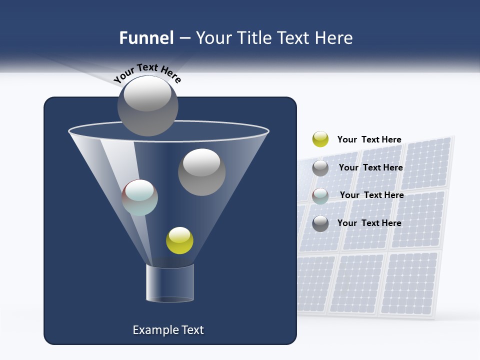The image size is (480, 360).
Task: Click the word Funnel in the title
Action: click(146, 38)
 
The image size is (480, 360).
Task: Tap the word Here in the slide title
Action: click(333, 38)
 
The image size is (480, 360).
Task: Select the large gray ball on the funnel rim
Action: click(147, 105)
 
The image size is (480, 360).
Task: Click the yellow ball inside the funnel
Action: click(179, 240)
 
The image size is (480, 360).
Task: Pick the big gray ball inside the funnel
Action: click(201, 172)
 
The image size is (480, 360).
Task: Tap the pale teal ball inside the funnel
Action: click(140, 197)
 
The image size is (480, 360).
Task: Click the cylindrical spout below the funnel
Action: click(169, 283)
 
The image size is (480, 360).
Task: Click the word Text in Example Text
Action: click(192, 330)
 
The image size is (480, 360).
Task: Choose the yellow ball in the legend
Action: click(320, 139)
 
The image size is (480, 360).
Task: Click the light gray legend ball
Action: click(320, 168)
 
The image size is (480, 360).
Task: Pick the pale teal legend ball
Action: click(320, 195)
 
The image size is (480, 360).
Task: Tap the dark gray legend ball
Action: click(320, 223)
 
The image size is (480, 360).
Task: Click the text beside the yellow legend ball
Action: click(369, 140)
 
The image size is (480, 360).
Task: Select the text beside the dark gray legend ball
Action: click(369, 223)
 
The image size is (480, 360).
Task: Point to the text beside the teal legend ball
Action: click(371, 195)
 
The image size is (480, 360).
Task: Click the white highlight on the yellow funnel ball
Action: click(179, 234)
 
